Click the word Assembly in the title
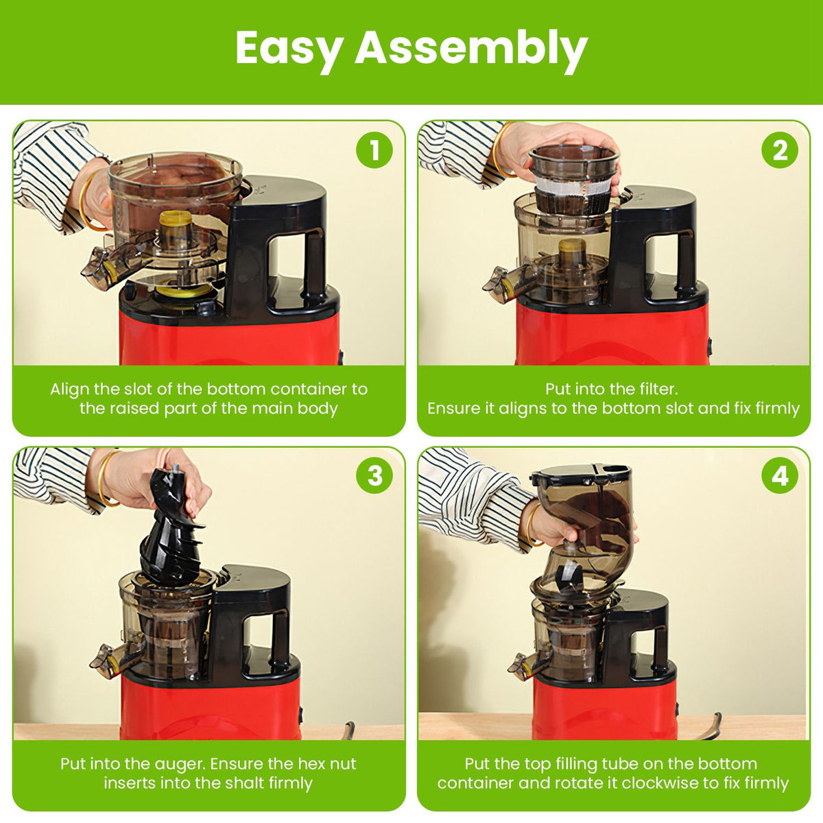tap(470, 49)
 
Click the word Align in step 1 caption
tap(70, 389)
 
